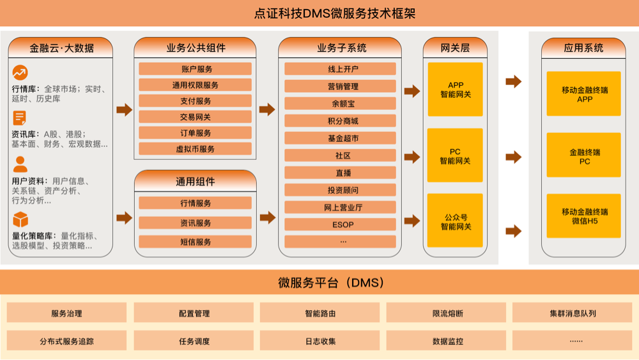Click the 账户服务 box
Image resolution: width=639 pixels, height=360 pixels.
195,69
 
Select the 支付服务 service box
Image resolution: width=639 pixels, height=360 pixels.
195,101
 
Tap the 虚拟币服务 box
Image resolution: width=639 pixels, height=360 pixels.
195,149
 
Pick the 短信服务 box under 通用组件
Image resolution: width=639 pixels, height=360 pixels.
195,242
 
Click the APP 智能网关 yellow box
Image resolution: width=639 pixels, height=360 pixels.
455,90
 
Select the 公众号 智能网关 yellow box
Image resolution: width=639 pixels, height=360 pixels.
455,221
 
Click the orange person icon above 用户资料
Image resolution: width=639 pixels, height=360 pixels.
20,164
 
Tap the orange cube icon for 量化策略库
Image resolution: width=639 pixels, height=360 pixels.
20,219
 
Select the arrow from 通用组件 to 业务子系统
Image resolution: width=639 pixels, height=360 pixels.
267,218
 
